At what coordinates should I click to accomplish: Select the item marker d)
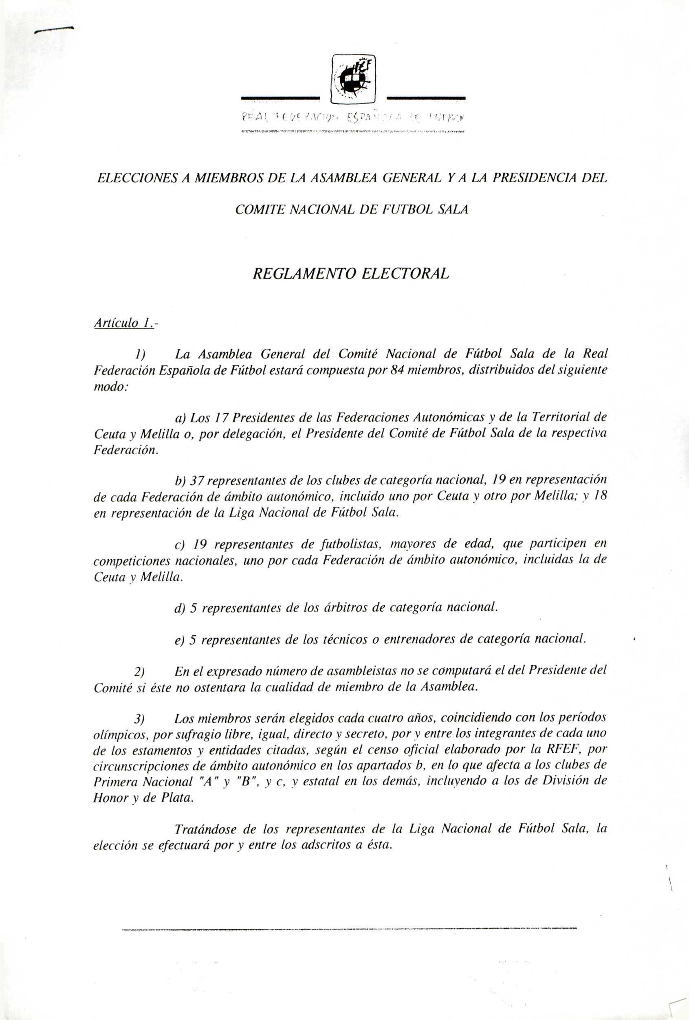(x=180, y=608)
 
